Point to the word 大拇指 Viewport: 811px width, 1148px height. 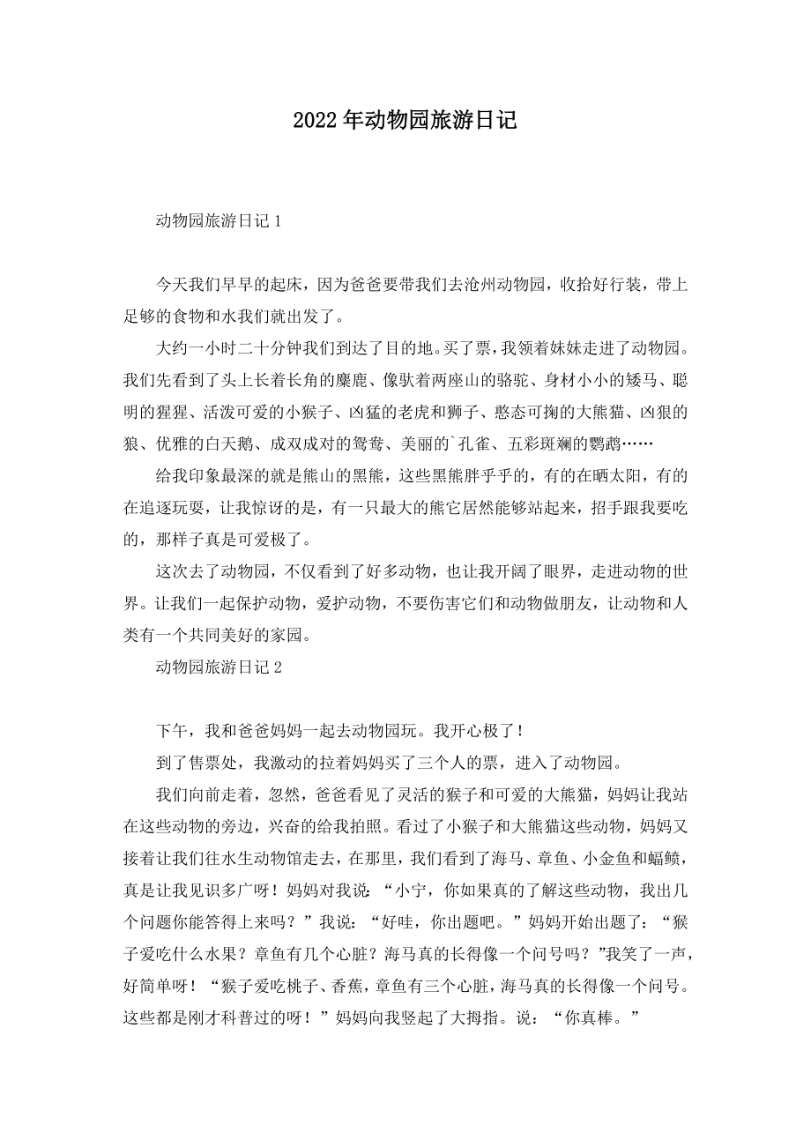(454, 1016)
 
